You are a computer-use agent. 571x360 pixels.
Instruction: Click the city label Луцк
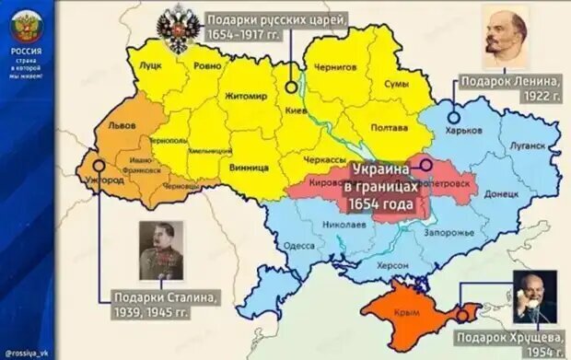[150, 67]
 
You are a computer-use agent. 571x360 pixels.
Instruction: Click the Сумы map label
[395, 84]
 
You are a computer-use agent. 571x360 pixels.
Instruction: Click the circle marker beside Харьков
[454, 117]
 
